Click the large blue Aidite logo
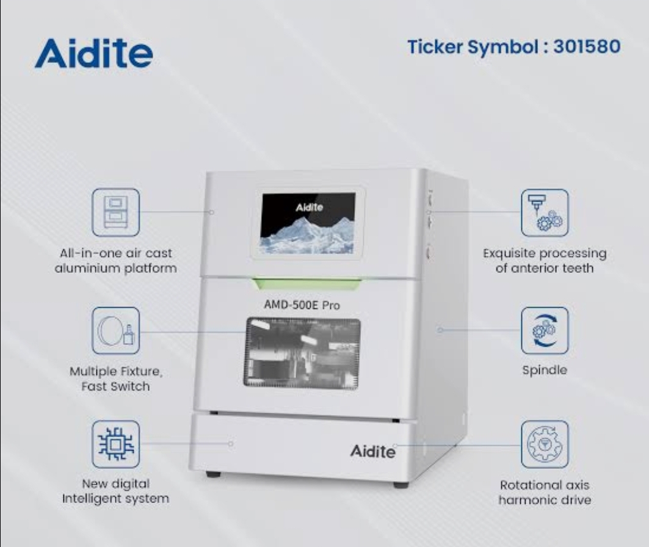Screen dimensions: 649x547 click(x=94, y=53)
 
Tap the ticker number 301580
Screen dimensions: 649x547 click(x=587, y=46)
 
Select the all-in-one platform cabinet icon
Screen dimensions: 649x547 click(x=116, y=212)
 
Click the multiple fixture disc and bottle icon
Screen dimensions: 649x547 click(x=116, y=331)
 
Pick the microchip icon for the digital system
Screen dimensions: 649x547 click(x=116, y=444)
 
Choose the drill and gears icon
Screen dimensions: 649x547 click(x=545, y=212)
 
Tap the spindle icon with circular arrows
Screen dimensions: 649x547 click(x=545, y=331)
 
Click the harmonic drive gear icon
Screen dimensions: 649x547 click(x=545, y=444)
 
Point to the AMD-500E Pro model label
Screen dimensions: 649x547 click(x=302, y=305)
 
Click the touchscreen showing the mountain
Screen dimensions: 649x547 click(x=308, y=223)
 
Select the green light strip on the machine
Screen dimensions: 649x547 click(x=306, y=283)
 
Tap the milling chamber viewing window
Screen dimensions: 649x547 click(x=302, y=353)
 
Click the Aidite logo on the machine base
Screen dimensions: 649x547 click(x=372, y=451)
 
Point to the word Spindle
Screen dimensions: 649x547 click(x=545, y=370)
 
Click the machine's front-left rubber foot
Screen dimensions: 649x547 click(x=213, y=474)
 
